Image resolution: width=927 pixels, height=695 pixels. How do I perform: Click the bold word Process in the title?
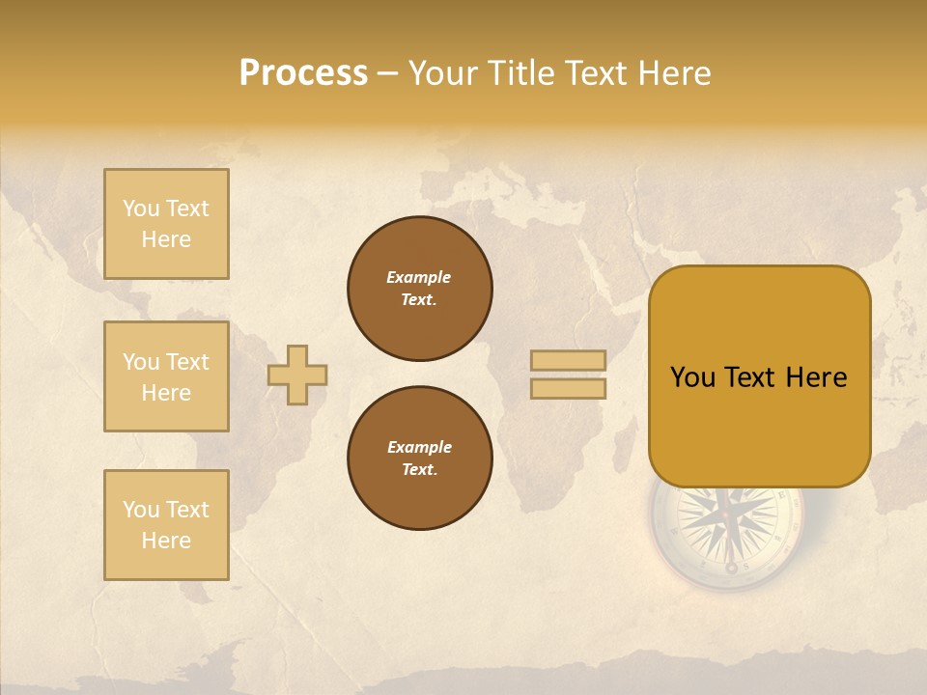(x=303, y=73)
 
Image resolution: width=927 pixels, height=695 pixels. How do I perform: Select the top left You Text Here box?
(x=166, y=224)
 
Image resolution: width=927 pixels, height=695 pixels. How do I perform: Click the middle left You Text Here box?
(x=166, y=376)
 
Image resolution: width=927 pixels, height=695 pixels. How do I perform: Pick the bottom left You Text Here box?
(x=166, y=525)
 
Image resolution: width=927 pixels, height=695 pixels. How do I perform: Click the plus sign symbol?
(x=297, y=375)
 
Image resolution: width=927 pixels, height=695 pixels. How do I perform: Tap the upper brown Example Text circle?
(x=420, y=289)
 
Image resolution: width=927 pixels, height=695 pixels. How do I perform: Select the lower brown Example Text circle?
(x=420, y=459)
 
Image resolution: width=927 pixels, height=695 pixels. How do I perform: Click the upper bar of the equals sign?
(x=568, y=360)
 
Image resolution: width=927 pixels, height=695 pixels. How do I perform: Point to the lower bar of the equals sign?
(x=568, y=389)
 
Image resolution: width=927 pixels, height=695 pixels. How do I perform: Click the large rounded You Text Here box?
(x=759, y=376)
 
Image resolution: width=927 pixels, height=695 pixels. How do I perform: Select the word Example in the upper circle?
(x=419, y=277)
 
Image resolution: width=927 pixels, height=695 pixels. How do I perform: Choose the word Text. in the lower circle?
(x=420, y=470)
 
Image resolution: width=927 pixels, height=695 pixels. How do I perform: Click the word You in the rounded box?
(x=692, y=377)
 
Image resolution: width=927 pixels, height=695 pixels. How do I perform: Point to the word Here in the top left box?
(x=166, y=239)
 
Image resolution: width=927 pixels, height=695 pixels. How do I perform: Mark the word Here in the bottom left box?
(x=166, y=541)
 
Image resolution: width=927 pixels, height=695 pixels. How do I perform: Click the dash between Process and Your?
(x=388, y=73)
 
